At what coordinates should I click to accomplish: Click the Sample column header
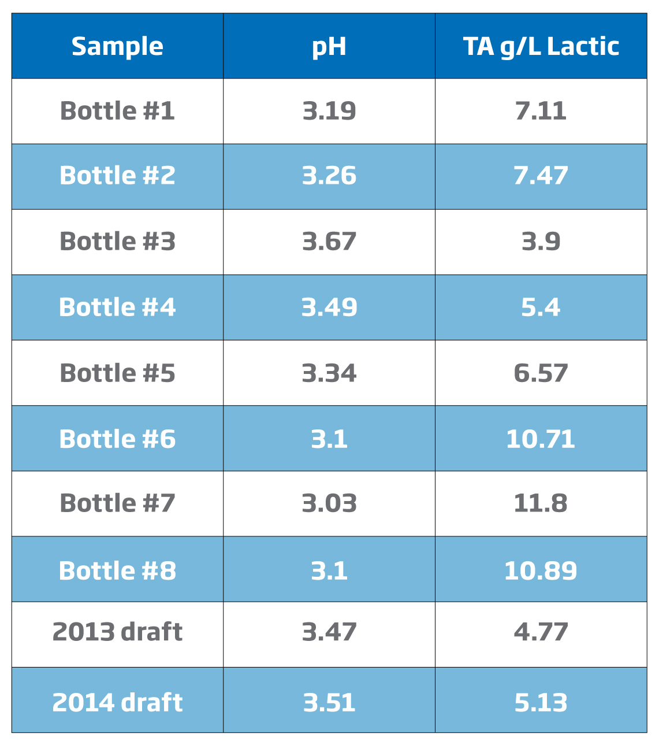point(117,46)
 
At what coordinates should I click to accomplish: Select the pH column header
point(329,46)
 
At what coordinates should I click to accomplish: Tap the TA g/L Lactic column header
point(541,46)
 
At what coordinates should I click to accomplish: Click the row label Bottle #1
point(117,111)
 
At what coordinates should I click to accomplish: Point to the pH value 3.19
point(329,111)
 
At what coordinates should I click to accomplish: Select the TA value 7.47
point(541,176)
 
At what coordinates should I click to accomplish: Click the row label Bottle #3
point(117,242)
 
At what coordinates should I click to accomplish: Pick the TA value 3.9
point(541,242)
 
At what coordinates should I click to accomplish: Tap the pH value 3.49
point(329,307)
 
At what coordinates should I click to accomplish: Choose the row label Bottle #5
point(117,373)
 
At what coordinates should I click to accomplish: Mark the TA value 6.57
point(541,373)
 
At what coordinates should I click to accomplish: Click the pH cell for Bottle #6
point(329,439)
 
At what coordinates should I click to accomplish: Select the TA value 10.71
point(541,439)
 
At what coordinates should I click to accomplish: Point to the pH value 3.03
point(329,503)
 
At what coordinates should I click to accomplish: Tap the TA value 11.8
point(541,503)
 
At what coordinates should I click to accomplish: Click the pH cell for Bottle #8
point(329,570)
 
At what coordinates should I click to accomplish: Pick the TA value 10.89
point(541,570)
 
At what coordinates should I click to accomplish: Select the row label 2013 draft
point(117,632)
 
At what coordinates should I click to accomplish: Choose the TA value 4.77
point(541,632)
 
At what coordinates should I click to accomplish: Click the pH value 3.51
point(329,702)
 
